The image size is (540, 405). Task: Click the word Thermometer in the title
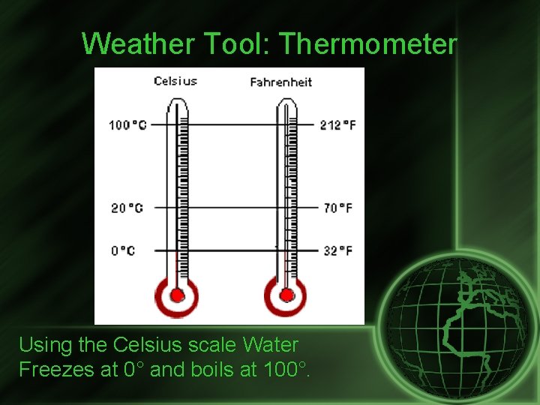coord(367,44)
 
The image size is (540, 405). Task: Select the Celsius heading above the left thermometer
coord(175,81)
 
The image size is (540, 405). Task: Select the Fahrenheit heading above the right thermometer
coord(281,82)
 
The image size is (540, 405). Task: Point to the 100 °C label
coord(127,124)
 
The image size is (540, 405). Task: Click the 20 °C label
coord(127,208)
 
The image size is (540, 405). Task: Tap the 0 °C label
coord(124,250)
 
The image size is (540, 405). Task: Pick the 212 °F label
coord(337,124)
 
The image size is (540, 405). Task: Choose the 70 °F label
coord(337,208)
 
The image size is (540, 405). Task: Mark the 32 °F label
coord(337,250)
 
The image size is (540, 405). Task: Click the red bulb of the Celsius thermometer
coord(177,295)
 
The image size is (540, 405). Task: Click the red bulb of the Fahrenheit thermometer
coord(286,295)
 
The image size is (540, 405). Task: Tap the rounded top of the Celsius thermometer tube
coord(178,107)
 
